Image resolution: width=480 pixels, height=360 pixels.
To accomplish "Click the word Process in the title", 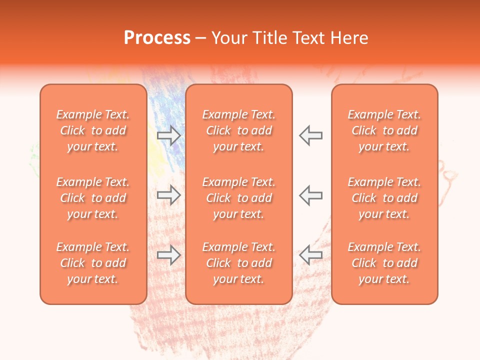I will tap(157, 38).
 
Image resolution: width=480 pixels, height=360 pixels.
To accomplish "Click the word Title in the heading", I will tap(270, 38).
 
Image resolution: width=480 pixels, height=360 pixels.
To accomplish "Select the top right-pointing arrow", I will tap(168, 135).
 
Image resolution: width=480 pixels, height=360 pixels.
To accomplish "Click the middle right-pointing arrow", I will tap(168, 195).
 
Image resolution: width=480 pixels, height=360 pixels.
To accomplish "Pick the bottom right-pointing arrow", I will tap(168, 255).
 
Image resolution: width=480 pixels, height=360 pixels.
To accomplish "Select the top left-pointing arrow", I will tap(311, 135).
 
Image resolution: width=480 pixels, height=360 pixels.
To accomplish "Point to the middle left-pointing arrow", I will tap(311, 195).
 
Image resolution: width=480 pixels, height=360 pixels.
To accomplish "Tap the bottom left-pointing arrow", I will tap(311, 255).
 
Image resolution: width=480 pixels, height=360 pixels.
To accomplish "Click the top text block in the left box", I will tap(93, 130).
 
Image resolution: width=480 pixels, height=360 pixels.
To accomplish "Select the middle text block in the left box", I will tap(93, 198).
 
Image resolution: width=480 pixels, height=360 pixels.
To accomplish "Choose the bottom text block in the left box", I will tap(93, 263).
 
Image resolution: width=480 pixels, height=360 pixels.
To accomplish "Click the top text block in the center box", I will tap(239, 130).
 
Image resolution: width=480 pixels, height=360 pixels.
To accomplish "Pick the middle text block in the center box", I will tap(239, 198).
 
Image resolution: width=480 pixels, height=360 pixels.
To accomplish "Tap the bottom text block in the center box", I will tap(239, 263).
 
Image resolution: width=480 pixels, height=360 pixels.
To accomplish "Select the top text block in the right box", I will tap(384, 130).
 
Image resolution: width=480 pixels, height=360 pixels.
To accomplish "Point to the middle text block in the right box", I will tap(384, 198).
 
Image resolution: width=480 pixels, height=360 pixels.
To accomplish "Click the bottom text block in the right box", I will tap(384, 263).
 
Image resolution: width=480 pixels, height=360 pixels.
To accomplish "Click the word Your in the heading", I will tap(230, 38).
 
